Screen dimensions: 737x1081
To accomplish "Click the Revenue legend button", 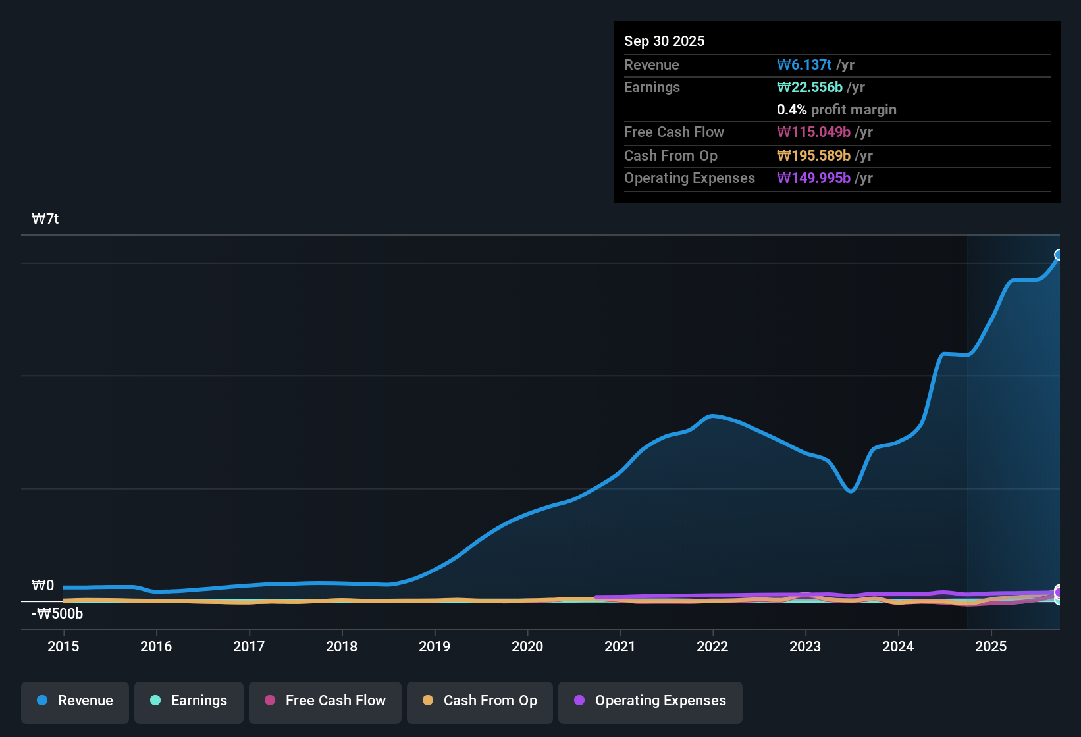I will tap(75, 701).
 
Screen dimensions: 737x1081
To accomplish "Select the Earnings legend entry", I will tap(189, 701).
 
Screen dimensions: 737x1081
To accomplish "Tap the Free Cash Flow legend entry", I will tap(325, 701).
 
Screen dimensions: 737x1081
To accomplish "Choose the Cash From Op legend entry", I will tap(480, 701).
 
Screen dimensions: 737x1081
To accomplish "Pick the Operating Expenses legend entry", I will tap(650, 701).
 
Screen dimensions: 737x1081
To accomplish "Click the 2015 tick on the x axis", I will tap(63, 646).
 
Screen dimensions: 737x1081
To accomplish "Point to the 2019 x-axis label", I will tap(435, 646).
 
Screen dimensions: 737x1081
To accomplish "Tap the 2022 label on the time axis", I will tap(712, 646).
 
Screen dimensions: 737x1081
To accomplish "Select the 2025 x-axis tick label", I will tap(991, 646).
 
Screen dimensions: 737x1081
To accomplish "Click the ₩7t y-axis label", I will tap(45, 219).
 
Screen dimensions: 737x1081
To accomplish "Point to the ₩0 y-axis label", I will tap(43, 586).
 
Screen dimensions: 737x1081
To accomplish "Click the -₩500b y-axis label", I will tap(57, 614).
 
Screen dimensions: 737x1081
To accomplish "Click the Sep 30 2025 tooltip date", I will tap(664, 41).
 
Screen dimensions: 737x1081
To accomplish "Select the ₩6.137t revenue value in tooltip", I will tap(804, 65).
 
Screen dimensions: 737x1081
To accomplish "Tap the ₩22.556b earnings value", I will tap(810, 88).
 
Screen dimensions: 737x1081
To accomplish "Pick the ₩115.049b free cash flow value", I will tap(814, 132).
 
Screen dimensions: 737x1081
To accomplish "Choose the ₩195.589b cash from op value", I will tap(814, 156).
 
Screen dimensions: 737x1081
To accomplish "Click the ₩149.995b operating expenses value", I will tap(814, 178).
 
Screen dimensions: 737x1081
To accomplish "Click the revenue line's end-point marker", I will tap(1059, 255).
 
